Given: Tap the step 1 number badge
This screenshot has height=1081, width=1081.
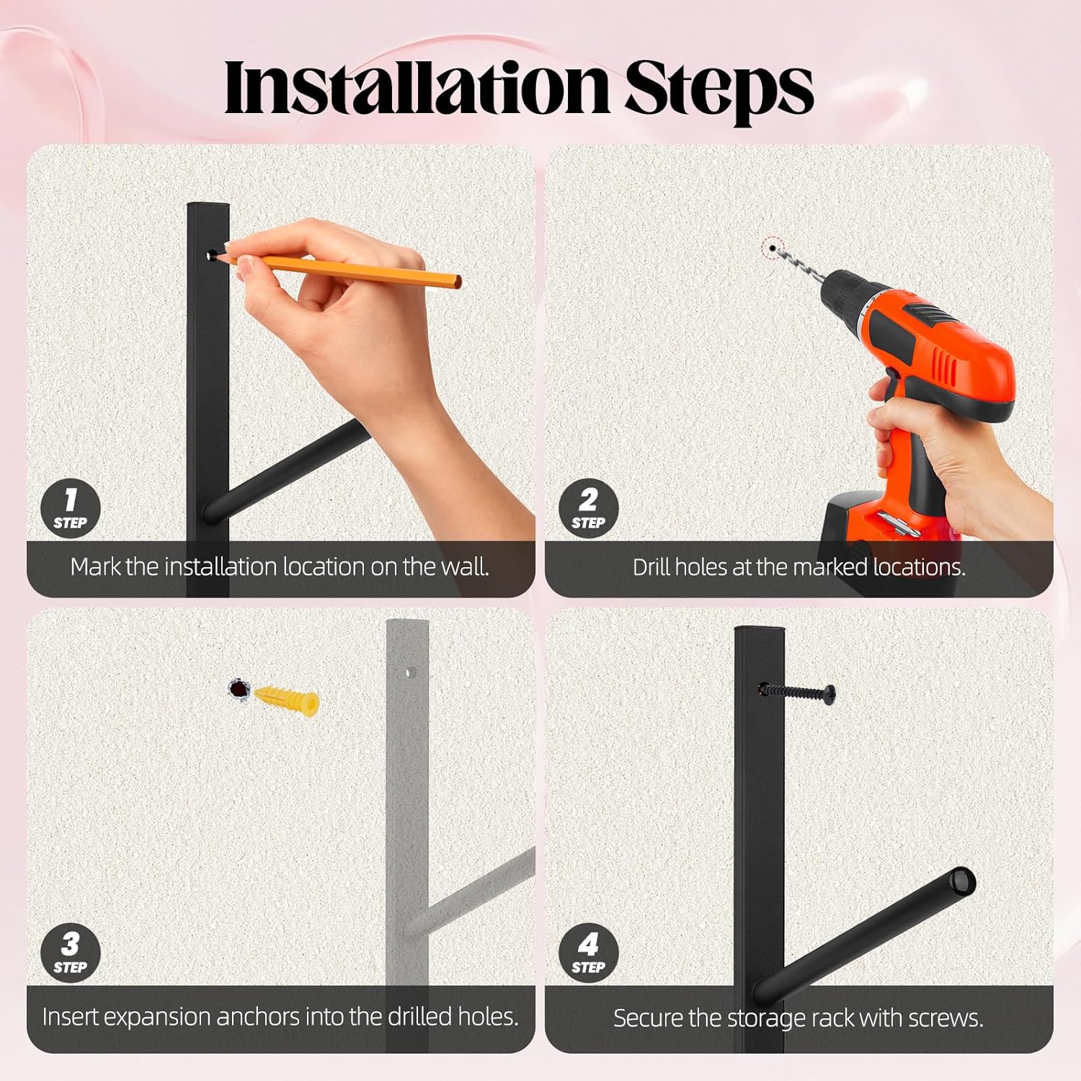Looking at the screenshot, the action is coord(70,508).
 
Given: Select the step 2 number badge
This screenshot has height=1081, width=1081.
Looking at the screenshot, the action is coord(588,508).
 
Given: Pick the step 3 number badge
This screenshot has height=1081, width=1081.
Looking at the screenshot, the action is coord(70,953).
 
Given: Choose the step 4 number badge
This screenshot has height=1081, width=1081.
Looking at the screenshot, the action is coord(588,953).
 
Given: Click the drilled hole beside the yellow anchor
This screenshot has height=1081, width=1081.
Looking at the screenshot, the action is coord(238,690).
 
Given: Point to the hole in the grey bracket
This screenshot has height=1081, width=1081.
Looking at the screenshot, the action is coord(412,673).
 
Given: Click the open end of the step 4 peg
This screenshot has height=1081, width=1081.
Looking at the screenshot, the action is coord(961,881).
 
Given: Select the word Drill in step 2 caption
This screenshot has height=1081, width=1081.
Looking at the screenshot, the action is coord(651,567).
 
